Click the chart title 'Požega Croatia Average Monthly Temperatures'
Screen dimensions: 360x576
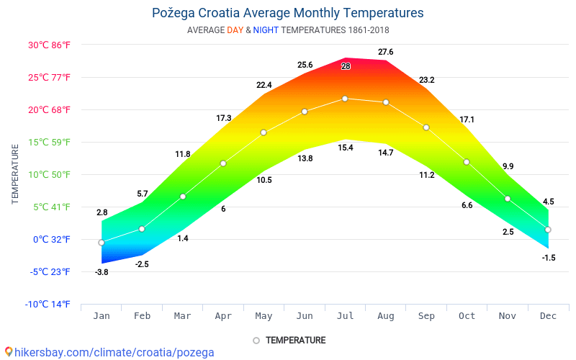pos(288,13)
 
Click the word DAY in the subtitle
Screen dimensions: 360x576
pos(235,30)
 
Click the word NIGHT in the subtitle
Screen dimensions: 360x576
pos(266,30)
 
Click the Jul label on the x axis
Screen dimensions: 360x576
pos(345,316)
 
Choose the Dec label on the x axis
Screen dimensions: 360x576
pos(548,316)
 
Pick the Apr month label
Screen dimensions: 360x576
pos(223,316)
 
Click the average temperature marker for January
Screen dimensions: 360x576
pos(102,243)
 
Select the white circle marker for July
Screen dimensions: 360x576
pos(345,99)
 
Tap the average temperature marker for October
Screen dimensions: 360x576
pos(467,162)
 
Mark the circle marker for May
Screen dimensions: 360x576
pos(264,132)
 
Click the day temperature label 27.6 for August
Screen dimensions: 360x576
pos(385,52)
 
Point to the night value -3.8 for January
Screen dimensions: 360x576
pos(102,271)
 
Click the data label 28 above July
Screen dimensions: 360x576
pos(346,66)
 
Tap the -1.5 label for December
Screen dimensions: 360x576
pos(549,257)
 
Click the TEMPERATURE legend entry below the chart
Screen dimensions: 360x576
pos(289,340)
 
